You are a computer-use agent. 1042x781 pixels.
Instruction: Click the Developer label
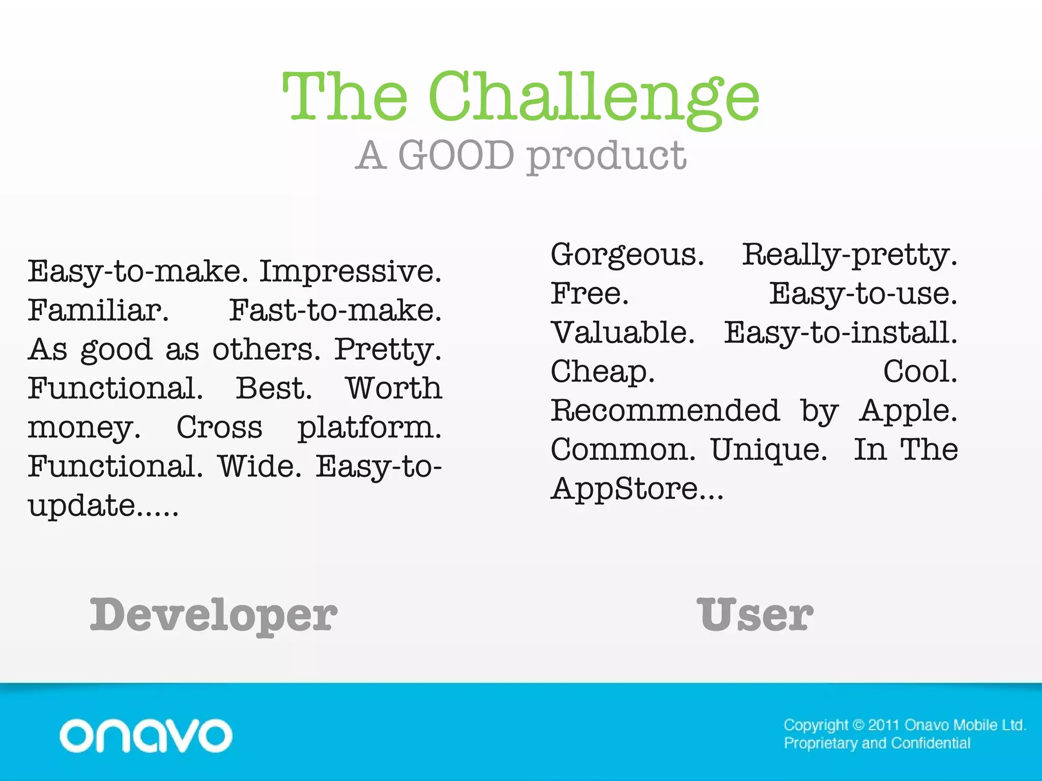213,615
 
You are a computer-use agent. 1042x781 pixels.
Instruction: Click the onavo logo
146,735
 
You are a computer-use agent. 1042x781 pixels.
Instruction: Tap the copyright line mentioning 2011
905,725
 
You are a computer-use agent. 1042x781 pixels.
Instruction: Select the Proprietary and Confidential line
877,743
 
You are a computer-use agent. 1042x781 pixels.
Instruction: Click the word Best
273,388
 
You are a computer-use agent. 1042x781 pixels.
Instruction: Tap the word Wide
259,466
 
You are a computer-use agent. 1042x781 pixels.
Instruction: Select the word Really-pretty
849,255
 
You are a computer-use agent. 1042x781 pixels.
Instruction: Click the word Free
589,293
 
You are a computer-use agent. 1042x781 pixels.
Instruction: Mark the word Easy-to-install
840,333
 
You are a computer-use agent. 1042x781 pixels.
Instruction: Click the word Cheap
602,372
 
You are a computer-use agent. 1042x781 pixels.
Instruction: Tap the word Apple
908,411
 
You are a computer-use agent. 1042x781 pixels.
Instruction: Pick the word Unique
768,450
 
